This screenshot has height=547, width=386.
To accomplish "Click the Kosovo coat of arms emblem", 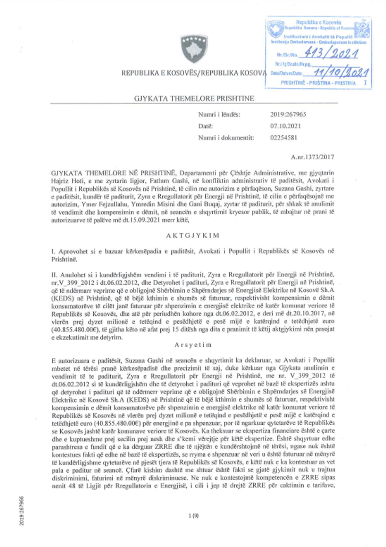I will [x=194, y=48].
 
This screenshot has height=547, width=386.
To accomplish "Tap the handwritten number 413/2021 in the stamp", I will [x=331, y=53].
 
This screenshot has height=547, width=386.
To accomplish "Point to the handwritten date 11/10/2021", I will [x=341, y=72].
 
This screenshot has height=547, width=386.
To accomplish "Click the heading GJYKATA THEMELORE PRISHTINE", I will [x=194, y=98].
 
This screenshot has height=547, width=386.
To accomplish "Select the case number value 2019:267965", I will [x=288, y=114].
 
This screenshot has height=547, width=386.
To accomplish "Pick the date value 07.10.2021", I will [x=285, y=126].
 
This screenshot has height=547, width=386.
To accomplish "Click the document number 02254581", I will [x=284, y=138].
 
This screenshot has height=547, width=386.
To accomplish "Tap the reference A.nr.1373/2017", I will [x=312, y=157].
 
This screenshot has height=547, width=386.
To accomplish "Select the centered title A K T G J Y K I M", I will [x=193, y=236].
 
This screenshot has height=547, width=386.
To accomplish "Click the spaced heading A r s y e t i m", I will [x=193, y=345].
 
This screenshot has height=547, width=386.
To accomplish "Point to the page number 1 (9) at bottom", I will [x=193, y=516].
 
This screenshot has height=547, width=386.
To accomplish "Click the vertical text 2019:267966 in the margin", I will [x=22, y=510].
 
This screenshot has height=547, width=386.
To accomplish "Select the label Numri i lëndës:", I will [x=219, y=114].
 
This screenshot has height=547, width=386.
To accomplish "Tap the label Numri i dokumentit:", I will [x=226, y=138].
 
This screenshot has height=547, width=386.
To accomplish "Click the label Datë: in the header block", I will [x=206, y=126].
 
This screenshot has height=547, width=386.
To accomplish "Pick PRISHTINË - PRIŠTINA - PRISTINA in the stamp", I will [x=318, y=83].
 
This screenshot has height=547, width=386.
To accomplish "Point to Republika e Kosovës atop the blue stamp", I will [x=318, y=22].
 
